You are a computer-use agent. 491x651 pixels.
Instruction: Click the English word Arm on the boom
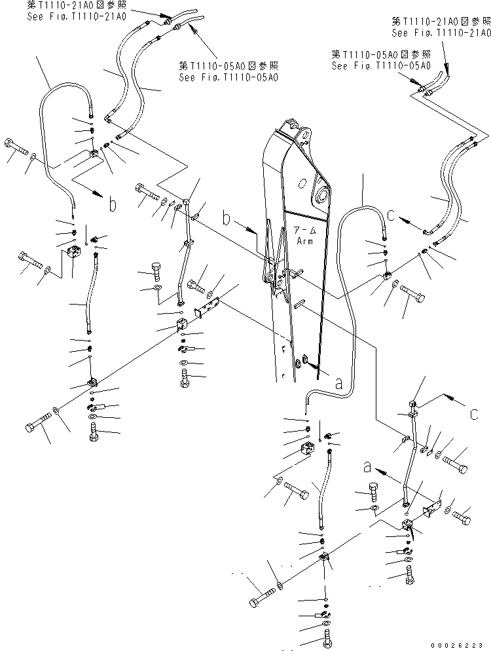[x=305, y=241]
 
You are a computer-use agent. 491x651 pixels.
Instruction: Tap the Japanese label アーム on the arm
[x=305, y=231]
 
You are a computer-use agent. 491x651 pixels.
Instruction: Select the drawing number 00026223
[x=458, y=644]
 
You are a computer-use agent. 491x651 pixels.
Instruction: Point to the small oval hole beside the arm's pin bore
[x=303, y=183]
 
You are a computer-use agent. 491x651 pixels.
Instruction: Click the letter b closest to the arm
[x=227, y=218]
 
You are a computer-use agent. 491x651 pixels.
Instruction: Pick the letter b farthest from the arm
[x=113, y=205]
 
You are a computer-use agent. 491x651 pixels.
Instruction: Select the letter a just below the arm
[x=339, y=384]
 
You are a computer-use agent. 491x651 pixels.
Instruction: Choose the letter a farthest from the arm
[x=367, y=467]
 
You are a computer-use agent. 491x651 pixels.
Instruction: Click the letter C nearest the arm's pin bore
[x=391, y=215]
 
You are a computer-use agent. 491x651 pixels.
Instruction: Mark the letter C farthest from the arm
[x=474, y=413]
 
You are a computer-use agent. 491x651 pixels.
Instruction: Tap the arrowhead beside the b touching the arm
[x=250, y=229]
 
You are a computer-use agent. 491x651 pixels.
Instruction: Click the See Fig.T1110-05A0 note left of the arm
[x=228, y=77]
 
